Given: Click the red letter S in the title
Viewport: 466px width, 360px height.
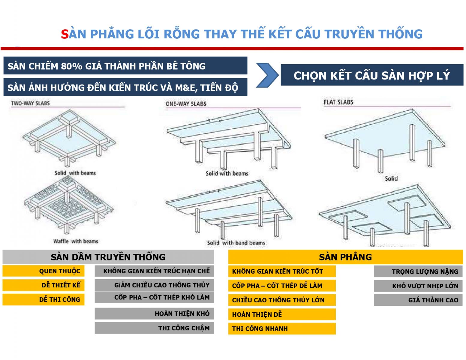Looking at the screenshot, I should [x=65, y=34].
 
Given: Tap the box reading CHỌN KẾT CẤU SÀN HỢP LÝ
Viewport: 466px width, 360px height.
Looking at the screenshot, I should [x=371, y=75].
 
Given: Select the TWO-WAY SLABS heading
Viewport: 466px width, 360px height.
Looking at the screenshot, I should [x=30, y=103].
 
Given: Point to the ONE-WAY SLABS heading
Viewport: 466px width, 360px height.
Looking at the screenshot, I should [x=186, y=104].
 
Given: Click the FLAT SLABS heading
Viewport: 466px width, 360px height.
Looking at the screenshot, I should [x=338, y=102].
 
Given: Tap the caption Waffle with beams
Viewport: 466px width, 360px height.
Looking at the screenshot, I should [x=76, y=241].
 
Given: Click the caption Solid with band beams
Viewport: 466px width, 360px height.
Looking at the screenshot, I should [x=236, y=243].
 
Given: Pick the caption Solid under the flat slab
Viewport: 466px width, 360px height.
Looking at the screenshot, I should [x=391, y=178].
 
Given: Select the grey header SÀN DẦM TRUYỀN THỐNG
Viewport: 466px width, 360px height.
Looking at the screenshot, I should [x=108, y=257].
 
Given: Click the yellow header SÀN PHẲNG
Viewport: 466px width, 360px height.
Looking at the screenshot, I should [x=345, y=257].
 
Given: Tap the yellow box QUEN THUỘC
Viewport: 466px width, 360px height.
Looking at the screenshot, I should [x=44, y=271].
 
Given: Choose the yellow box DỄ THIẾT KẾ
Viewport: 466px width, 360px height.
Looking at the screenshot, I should [x=44, y=285].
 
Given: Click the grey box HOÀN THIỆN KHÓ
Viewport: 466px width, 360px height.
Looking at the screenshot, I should [x=154, y=313].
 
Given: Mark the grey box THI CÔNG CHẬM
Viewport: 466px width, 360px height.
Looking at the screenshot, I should [x=154, y=328].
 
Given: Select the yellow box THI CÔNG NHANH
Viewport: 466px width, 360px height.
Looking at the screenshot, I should [x=281, y=328].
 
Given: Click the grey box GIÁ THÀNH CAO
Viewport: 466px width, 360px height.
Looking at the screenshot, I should [x=418, y=300].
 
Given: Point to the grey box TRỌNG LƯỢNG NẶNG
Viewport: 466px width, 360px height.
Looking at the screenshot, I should [x=418, y=271].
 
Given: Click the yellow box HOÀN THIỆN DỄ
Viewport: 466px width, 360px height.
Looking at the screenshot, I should [x=281, y=314].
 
